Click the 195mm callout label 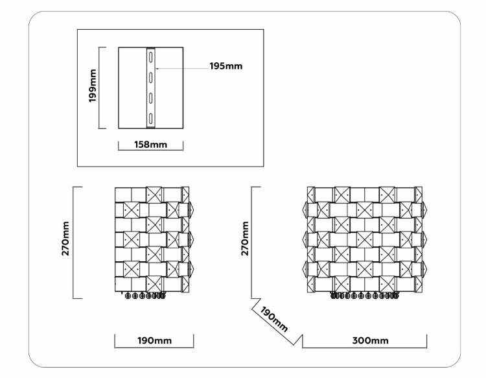point(226,66)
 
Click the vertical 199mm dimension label point(93,86)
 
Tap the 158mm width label point(150,145)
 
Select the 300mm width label point(370,340)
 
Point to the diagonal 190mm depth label point(273,319)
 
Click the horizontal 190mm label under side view point(154,340)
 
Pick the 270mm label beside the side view point(65,238)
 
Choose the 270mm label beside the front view point(245,238)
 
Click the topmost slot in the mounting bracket point(150,57)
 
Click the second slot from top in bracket point(150,77)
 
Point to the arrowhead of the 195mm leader point(157,68)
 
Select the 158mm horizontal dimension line point(150,150)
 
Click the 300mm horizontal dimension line point(364,348)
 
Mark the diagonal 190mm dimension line point(272,324)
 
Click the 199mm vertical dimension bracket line point(99,88)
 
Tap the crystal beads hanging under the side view point(145,296)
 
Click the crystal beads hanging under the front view point(364,296)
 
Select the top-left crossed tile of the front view point(311,195)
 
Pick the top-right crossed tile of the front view point(419,195)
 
